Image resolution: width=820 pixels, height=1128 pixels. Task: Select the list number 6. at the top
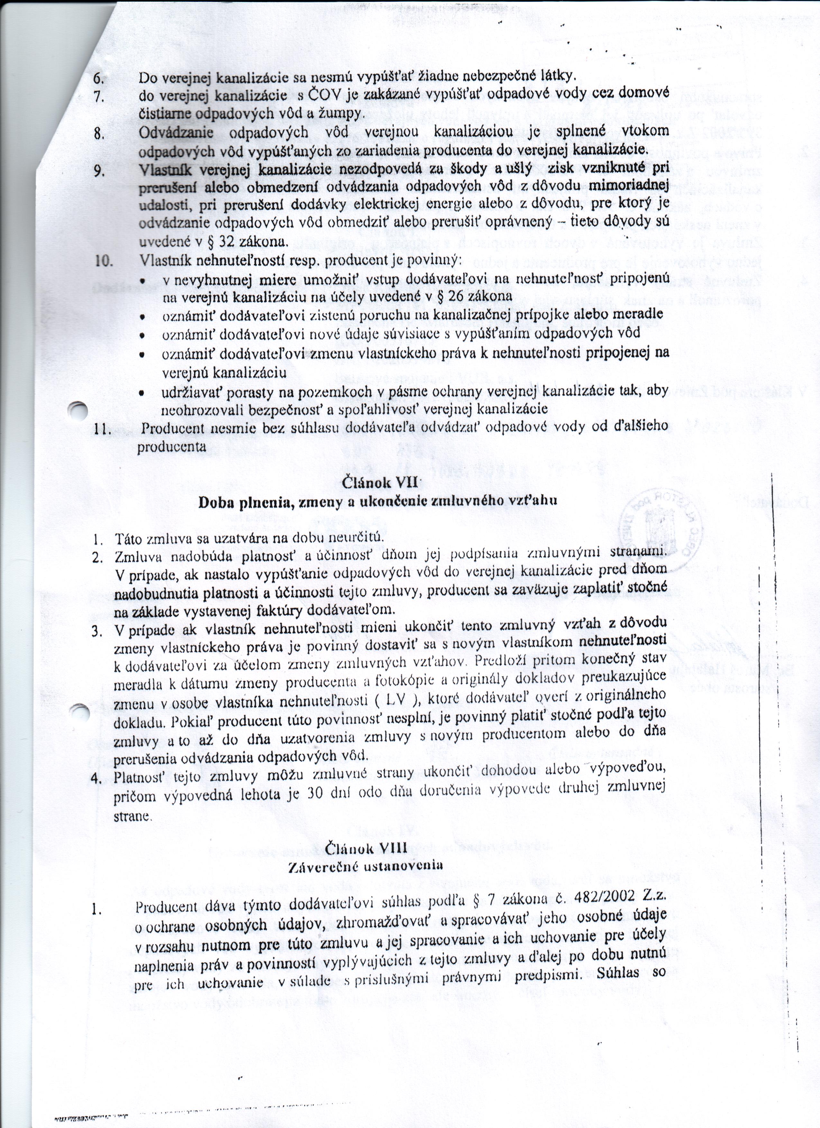(x=99, y=78)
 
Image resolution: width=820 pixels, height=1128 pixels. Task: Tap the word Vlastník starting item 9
(x=164, y=170)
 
